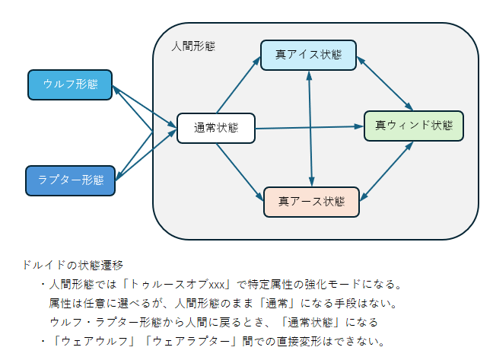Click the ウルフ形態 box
point(70,84)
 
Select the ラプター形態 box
point(70,180)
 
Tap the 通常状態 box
point(215,128)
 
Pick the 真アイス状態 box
point(308,55)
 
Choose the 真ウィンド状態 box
point(413,125)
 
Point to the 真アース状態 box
point(311,202)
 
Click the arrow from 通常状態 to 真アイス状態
point(238,86)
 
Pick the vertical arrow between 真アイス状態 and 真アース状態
point(310,128)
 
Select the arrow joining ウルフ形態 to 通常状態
point(145,105)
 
